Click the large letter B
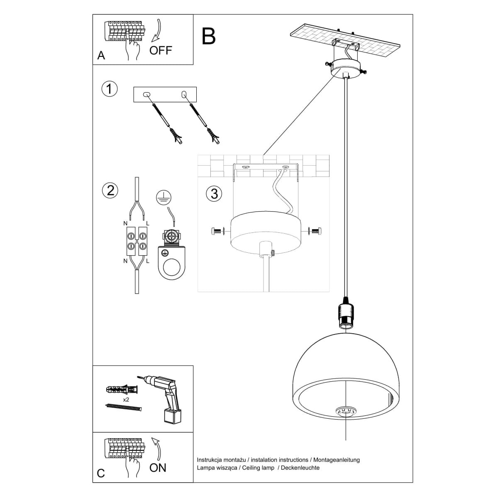click(209, 36)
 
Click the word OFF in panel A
click(160, 51)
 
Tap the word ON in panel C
click(158, 468)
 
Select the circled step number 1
click(110, 89)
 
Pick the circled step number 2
click(110, 190)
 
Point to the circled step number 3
click(214, 193)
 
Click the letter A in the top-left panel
click(101, 55)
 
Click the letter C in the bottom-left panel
click(101, 474)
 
